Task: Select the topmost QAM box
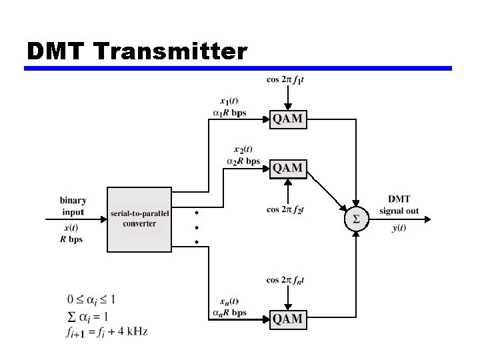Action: pyautogui.click(x=288, y=119)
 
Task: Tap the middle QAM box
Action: pyautogui.click(x=288, y=168)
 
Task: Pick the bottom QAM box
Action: pyautogui.click(x=288, y=319)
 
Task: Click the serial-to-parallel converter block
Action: pyautogui.click(x=139, y=219)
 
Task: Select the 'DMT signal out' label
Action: pyautogui.click(x=399, y=205)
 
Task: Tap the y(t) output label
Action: pyautogui.click(x=399, y=229)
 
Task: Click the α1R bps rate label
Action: pyautogui.click(x=229, y=113)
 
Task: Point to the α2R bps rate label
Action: pyautogui.click(x=243, y=161)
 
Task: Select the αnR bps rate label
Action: pyautogui.click(x=229, y=312)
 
